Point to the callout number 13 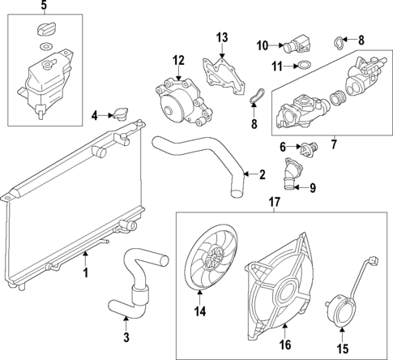[x=222, y=37]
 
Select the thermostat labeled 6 [x=306, y=152]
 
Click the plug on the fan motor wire [x=375, y=261]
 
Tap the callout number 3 [x=126, y=338]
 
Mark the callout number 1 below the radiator [x=84, y=273]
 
